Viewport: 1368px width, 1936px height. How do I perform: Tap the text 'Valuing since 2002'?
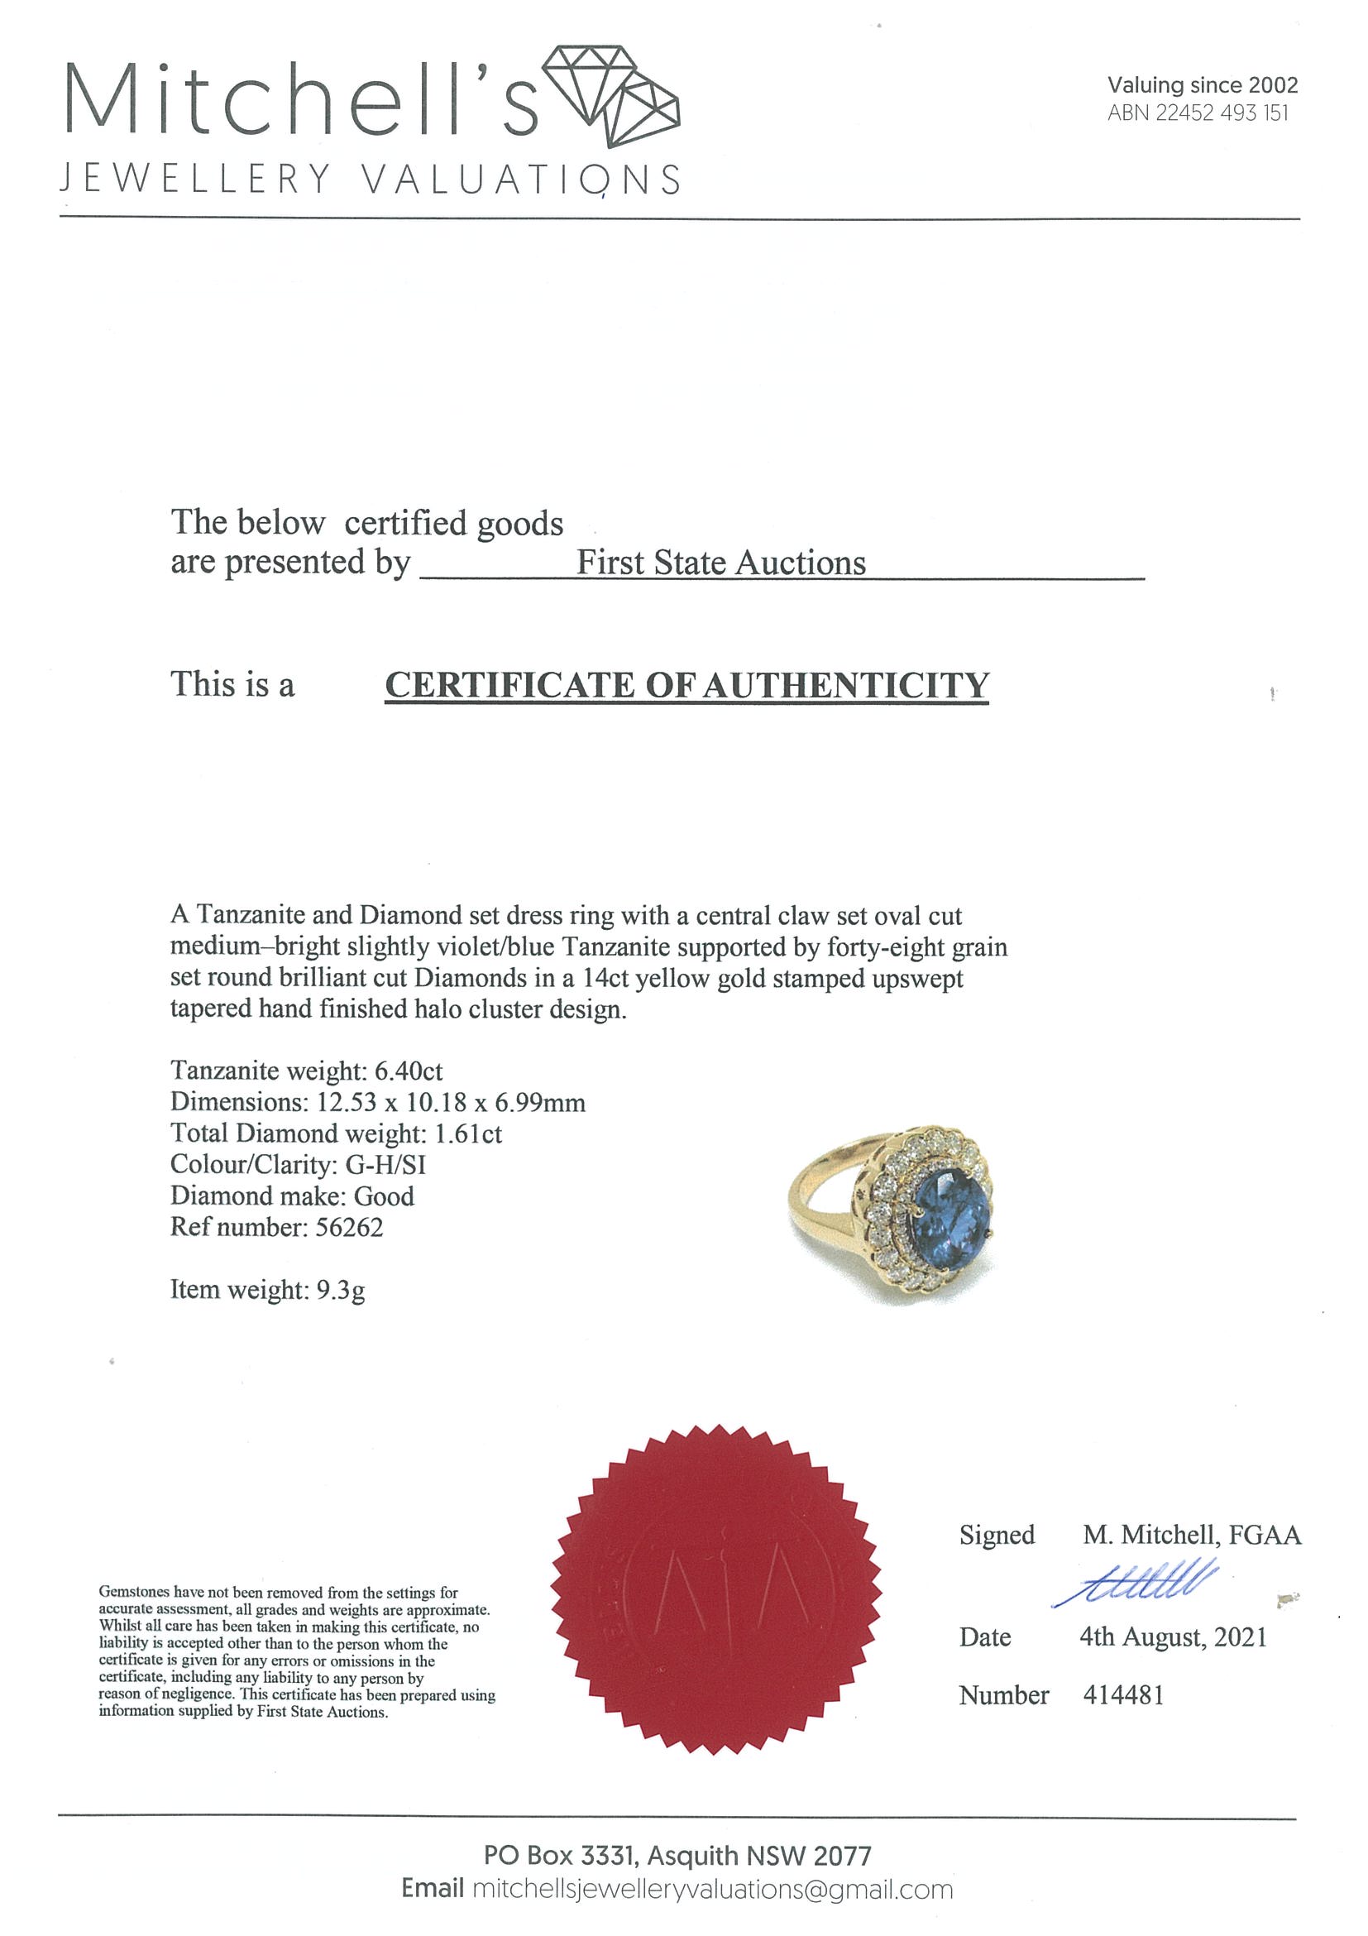1202,84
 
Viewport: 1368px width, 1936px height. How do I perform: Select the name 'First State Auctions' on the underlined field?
720,563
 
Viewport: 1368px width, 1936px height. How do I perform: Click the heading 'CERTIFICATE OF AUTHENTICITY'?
686,685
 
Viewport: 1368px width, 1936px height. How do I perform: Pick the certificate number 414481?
1122,1695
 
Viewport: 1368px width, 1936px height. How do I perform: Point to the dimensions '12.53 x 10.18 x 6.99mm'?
450,1102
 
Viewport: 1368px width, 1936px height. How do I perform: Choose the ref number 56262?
349,1227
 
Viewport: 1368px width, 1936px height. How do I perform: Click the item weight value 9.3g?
341,1289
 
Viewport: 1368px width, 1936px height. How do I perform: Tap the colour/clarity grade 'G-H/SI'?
385,1164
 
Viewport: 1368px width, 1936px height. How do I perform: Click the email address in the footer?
712,1890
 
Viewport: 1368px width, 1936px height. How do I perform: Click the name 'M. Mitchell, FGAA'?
1191,1535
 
